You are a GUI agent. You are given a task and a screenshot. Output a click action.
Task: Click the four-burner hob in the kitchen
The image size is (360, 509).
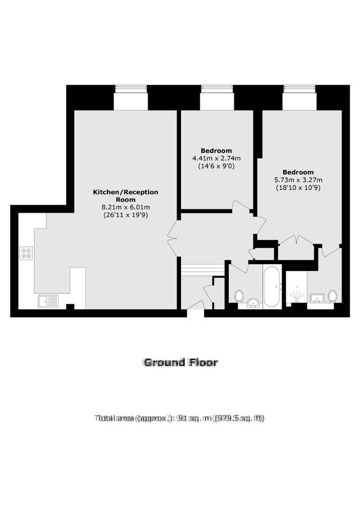coord(26,253)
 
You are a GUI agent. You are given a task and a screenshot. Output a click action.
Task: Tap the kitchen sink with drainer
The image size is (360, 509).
coord(48,301)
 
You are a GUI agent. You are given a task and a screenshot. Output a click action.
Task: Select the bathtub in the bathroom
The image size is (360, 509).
coord(271,287)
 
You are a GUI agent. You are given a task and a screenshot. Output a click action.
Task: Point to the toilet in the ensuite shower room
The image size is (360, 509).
coord(332,295)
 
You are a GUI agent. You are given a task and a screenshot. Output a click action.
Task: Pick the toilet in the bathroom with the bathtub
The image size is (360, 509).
coord(239,295)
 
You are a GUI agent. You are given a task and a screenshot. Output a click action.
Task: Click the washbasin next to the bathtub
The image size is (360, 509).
coord(251,304)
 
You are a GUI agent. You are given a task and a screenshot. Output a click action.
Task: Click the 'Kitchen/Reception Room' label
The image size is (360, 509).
coord(125,196)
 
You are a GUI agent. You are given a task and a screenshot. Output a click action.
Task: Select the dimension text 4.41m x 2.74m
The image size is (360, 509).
coord(216,158)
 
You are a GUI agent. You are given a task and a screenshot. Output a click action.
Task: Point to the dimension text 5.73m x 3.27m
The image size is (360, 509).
coord(298,180)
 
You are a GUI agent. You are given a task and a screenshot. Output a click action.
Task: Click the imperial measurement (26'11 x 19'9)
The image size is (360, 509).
coord(125,215)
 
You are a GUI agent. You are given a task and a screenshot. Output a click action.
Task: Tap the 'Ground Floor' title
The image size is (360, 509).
coord(180,363)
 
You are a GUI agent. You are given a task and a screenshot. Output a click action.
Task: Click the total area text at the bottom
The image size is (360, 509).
coord(179,419)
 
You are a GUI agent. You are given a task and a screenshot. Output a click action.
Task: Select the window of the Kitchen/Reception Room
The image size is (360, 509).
coord(131,89)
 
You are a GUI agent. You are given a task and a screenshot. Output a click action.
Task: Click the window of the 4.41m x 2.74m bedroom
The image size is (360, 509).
coord(217,89)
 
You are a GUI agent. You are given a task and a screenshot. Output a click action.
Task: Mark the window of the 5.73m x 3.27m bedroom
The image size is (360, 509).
coord(299,89)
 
